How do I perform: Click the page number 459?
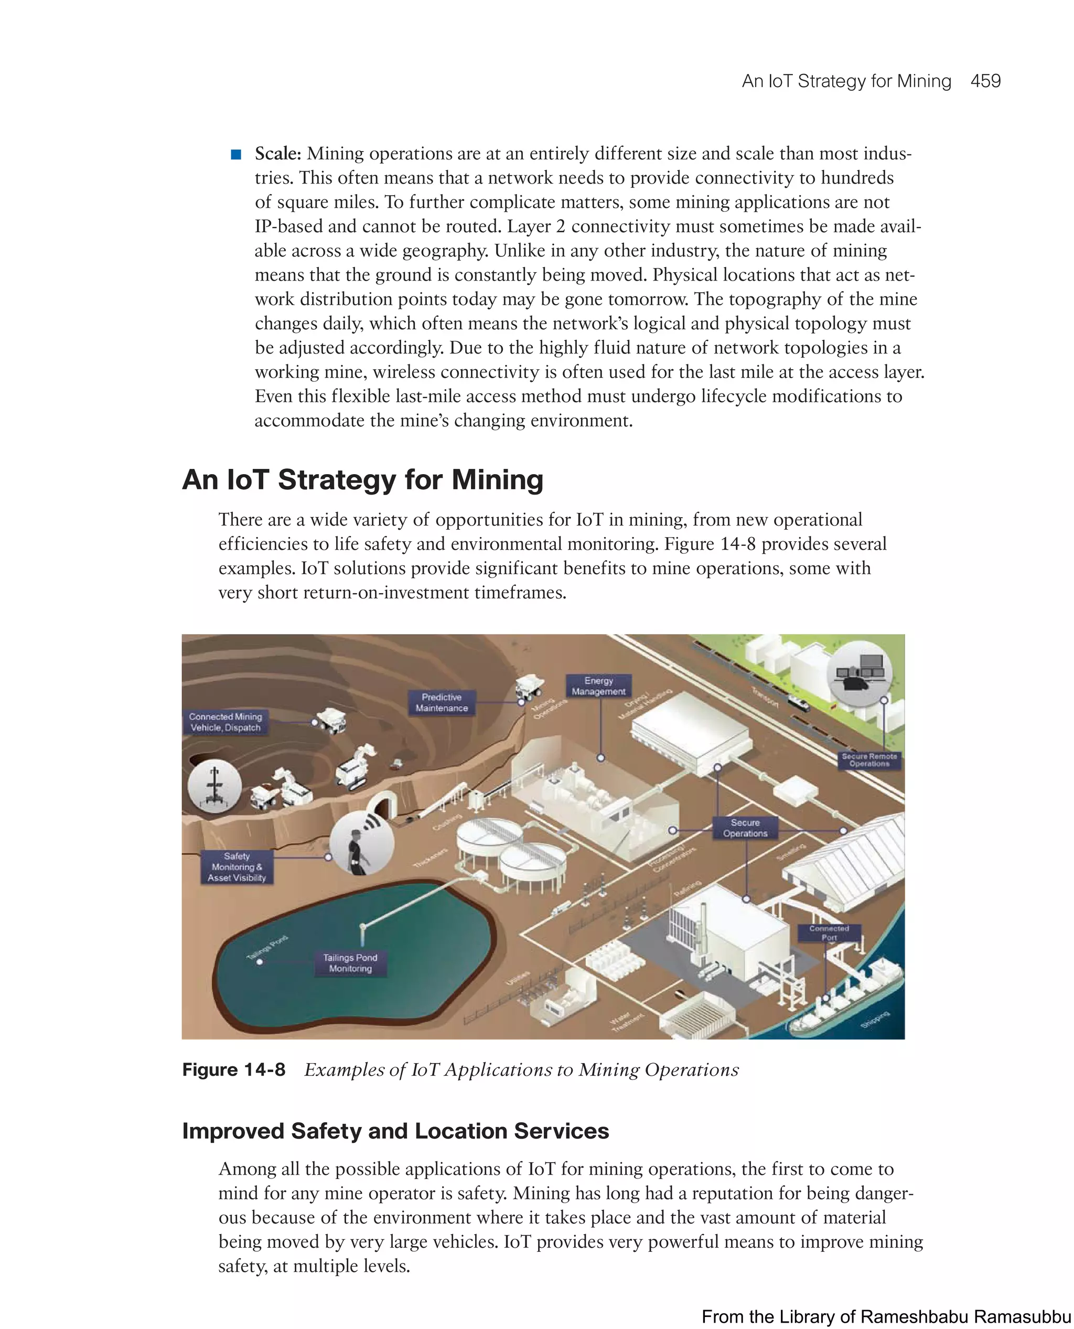(985, 81)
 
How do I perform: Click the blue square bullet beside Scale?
(235, 154)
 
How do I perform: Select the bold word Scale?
(278, 154)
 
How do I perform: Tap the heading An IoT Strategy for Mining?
(362, 479)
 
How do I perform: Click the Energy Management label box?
(598, 685)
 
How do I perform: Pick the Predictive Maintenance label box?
(441, 702)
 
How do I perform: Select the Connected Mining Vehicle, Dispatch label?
(226, 722)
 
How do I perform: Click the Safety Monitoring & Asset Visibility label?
(237, 867)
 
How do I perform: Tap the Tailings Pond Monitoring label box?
(350, 963)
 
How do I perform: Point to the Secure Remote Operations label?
(869, 760)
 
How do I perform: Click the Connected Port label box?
(829, 933)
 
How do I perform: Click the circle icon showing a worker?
(362, 843)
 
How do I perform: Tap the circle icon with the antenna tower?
(214, 785)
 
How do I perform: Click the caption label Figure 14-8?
(233, 1070)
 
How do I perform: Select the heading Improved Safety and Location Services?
(395, 1131)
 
